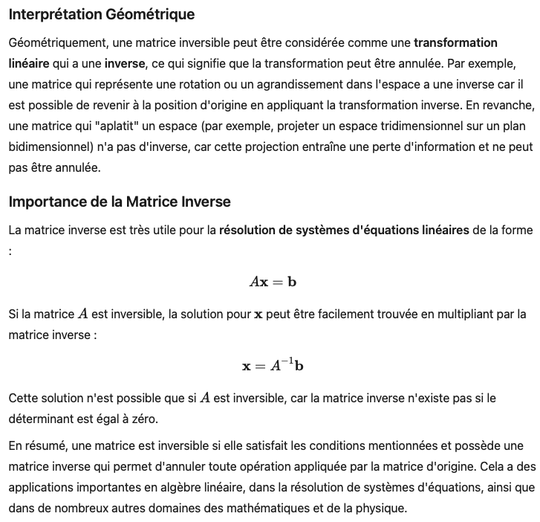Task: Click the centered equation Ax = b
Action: pos(273,282)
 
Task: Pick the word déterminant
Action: pos(42,419)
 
